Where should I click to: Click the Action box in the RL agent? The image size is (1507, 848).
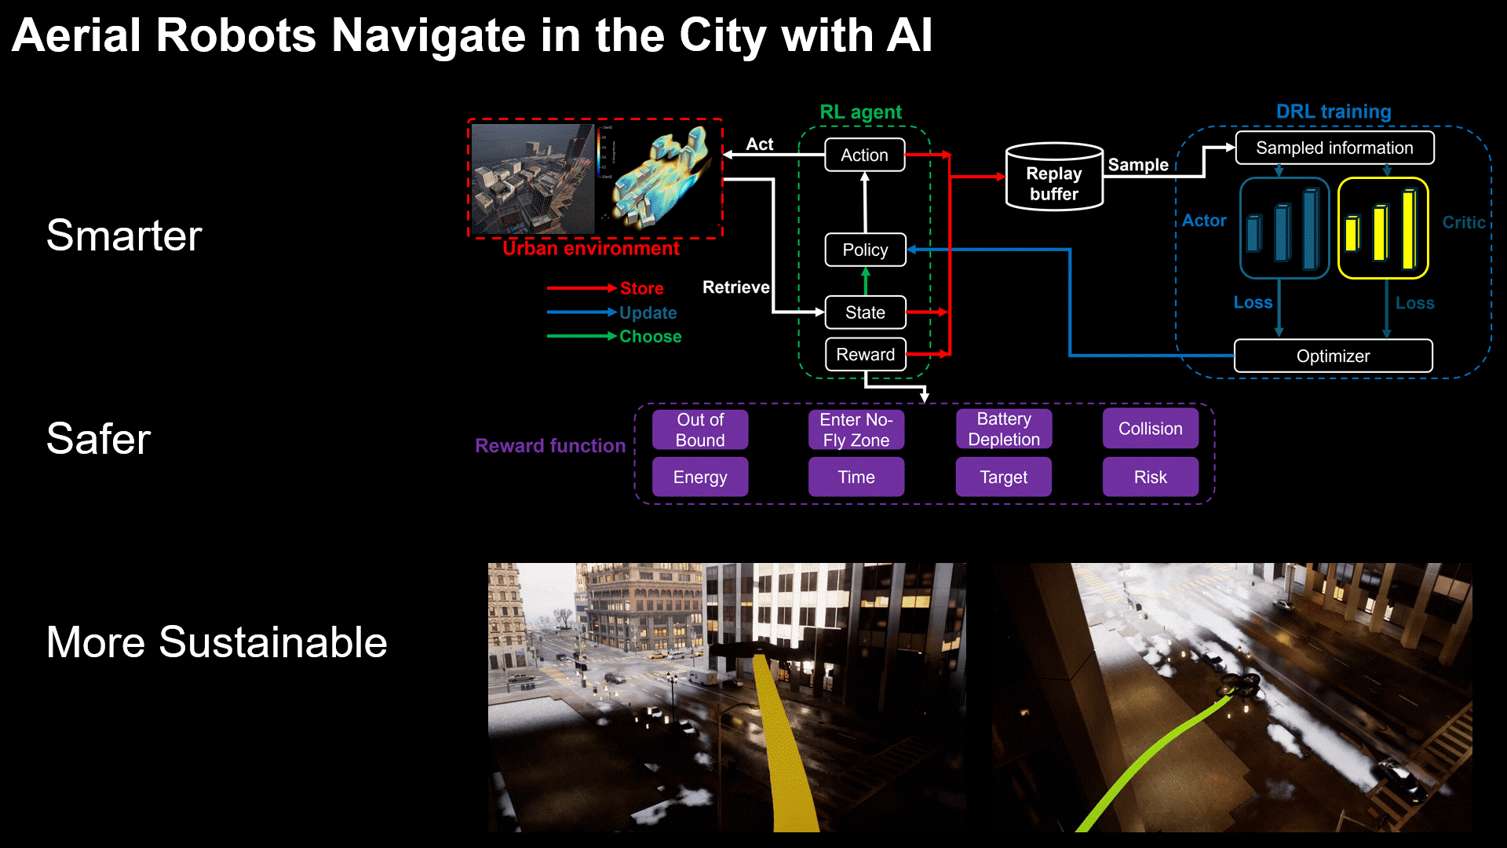point(864,155)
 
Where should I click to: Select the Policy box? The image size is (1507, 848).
point(865,250)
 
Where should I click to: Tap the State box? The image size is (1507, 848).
point(865,313)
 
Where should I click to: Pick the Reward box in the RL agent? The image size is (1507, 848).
point(865,354)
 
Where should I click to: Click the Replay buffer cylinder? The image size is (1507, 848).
point(1054,177)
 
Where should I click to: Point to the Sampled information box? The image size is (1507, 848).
point(1334,148)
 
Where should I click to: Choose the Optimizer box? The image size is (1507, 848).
point(1333,356)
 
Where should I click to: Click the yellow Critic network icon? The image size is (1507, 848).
point(1383,228)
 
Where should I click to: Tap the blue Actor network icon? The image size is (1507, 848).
point(1284,228)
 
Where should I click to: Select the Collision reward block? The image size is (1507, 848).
point(1150,429)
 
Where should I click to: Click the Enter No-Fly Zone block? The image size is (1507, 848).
point(856,429)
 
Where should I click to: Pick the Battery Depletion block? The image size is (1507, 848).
point(1003,429)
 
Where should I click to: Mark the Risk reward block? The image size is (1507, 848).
point(1150,477)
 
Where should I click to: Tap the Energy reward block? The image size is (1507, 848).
point(699,477)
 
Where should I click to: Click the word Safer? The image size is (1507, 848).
point(98,438)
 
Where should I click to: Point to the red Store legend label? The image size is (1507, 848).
point(641,288)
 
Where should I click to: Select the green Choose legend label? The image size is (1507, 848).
point(650,336)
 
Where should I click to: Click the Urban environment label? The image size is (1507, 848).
point(591,248)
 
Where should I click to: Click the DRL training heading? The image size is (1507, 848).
point(1333,111)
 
